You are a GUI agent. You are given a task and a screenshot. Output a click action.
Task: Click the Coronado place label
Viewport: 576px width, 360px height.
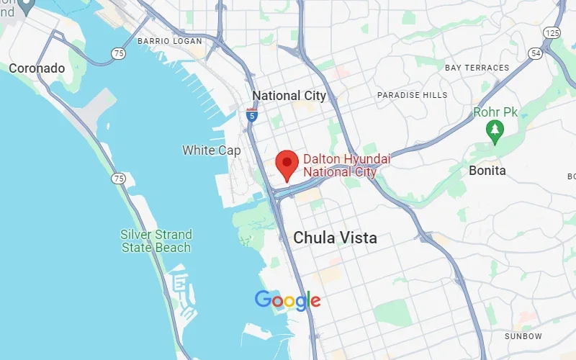(37, 68)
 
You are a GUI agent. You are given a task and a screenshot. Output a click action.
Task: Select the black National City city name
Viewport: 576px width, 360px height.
(289, 96)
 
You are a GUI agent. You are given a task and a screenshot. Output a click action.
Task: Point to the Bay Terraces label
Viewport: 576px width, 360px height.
(477, 68)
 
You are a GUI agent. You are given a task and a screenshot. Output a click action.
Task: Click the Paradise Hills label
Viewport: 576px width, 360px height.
(412, 95)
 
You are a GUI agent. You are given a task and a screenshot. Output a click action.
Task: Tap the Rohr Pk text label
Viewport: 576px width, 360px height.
(495, 112)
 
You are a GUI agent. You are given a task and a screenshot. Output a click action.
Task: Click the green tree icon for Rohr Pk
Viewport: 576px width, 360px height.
(495, 130)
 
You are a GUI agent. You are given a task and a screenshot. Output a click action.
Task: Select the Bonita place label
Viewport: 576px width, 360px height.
(487, 171)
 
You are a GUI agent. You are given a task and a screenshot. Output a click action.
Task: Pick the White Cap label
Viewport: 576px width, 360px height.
(212, 150)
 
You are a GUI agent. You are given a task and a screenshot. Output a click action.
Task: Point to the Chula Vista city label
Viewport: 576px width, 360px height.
(335, 238)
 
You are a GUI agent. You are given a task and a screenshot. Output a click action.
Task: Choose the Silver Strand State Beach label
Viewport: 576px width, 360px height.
(156, 241)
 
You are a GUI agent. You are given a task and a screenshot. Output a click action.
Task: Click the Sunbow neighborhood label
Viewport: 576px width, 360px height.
(523, 336)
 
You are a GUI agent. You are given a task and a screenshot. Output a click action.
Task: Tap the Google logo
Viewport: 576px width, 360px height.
(287, 300)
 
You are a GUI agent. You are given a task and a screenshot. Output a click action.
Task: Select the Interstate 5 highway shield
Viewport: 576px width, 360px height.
(251, 114)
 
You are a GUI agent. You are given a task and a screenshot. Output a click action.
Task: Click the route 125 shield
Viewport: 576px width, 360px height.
(553, 33)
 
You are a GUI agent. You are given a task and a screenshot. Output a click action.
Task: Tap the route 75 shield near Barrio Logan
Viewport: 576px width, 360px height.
(118, 53)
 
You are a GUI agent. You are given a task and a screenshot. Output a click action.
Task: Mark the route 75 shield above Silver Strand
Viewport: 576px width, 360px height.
(118, 178)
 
